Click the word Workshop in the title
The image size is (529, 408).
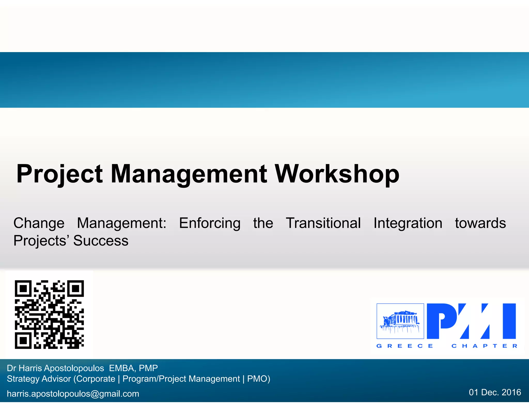click(x=337, y=174)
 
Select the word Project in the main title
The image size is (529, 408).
click(x=60, y=174)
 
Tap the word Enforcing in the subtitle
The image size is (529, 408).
click(x=209, y=223)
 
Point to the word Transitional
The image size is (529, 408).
click(x=323, y=223)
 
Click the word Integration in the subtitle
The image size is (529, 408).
click(x=408, y=223)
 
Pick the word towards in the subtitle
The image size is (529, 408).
click(x=480, y=223)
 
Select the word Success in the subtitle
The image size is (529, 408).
click(x=101, y=241)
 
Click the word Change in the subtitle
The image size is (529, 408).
click(x=39, y=223)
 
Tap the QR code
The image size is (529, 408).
click(x=49, y=314)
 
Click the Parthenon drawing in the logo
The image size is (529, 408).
click(x=400, y=321)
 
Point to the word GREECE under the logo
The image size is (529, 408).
click(x=404, y=346)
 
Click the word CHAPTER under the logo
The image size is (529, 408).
click(x=484, y=346)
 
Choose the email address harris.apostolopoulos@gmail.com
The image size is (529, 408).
click(x=73, y=394)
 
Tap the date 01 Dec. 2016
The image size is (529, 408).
click(x=495, y=392)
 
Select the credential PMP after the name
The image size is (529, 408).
click(x=148, y=368)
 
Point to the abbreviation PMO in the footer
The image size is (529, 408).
click(x=257, y=379)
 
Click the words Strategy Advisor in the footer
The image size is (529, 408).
click(x=39, y=379)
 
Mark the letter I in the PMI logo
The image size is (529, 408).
click(x=509, y=321)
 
